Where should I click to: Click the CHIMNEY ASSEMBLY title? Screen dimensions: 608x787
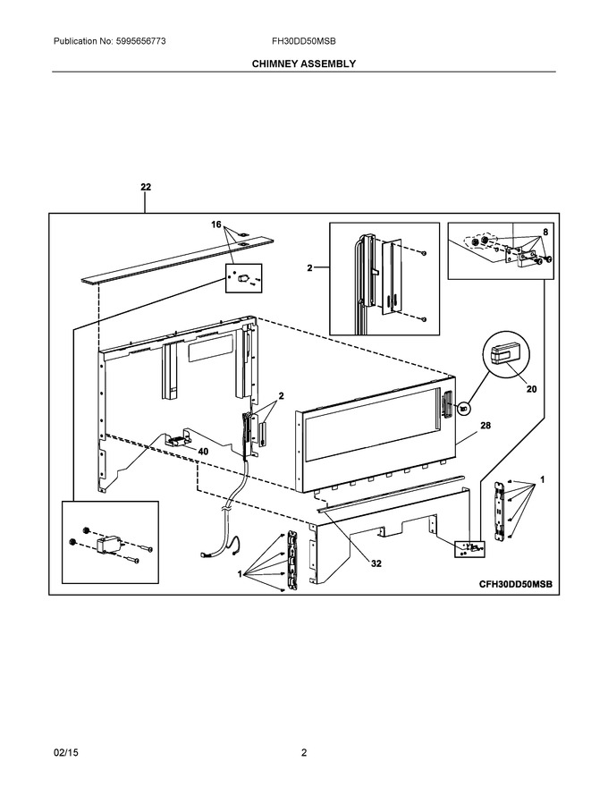coord(303,63)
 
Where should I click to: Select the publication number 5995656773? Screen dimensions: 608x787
coord(141,41)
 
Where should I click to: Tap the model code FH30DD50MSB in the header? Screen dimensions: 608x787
coord(303,41)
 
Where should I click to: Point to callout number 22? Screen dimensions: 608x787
coord(146,187)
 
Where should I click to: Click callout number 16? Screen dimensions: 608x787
coord(216,224)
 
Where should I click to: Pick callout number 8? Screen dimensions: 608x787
coord(545,233)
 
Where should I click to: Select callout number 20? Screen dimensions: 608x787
coord(532,389)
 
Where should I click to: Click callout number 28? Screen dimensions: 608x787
coord(486,426)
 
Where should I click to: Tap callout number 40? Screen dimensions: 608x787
coord(203,452)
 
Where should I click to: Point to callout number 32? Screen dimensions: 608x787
coord(376,563)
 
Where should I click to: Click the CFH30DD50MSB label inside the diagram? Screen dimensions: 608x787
coord(515,584)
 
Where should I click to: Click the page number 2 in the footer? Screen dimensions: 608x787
coord(303,752)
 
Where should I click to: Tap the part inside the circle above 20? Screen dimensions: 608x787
coord(505,353)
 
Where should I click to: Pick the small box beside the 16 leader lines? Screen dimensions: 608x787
coord(244,277)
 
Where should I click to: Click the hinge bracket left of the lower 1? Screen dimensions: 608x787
coord(292,561)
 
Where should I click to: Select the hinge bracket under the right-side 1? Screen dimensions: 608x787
coord(499,511)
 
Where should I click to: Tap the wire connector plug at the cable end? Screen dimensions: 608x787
coord(204,554)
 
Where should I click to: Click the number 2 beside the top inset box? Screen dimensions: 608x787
coord(310,268)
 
